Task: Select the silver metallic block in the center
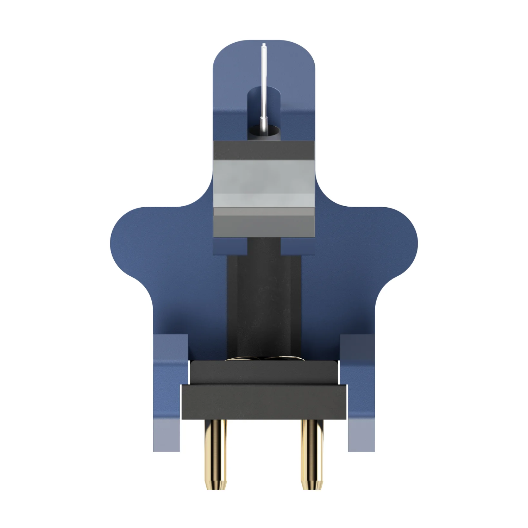click(264, 183)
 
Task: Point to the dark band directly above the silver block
click(264, 151)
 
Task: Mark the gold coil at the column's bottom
click(264, 359)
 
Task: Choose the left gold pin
click(215, 447)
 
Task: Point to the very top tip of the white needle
click(263, 44)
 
